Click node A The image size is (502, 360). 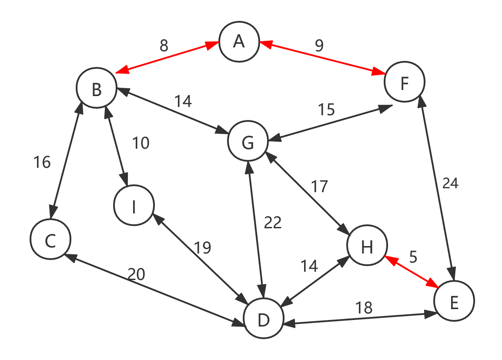click(239, 42)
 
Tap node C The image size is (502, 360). click(50, 240)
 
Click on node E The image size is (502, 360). click(454, 301)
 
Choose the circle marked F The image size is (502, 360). click(404, 82)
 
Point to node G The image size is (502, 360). click(248, 142)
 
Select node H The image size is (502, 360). click(367, 246)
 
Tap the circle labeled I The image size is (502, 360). click(134, 206)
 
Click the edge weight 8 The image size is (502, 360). click(164, 46)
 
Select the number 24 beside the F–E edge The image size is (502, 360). click(450, 183)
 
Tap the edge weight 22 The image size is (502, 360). click(273, 223)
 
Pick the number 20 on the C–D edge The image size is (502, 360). click(136, 274)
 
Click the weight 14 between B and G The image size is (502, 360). click(183, 101)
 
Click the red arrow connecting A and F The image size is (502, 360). click(322, 58)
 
